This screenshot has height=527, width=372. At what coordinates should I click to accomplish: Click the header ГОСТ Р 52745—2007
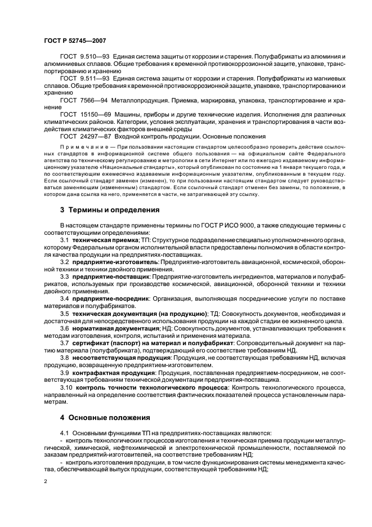[x=75, y=41]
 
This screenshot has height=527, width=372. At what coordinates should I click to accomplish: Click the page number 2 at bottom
[x=45, y=481]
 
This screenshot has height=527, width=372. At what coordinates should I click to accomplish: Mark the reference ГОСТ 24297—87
[x=86, y=137]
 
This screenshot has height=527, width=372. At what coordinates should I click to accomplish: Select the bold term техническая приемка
[x=103, y=240]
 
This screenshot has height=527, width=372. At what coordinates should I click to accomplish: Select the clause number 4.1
[x=65, y=431]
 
